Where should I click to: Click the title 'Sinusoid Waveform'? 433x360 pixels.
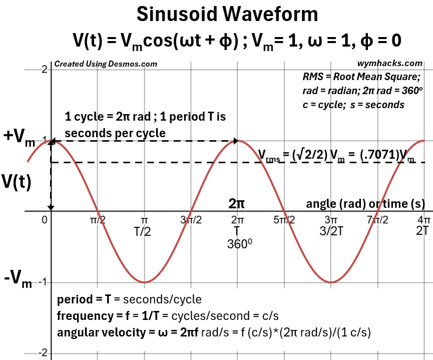(227, 15)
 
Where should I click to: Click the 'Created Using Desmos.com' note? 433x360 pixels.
(105, 64)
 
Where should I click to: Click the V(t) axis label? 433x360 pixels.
(17, 182)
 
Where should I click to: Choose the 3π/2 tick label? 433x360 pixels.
(190, 219)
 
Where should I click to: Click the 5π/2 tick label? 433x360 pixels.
(284, 219)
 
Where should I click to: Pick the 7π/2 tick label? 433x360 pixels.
(377, 219)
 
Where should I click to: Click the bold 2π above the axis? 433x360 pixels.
(237, 204)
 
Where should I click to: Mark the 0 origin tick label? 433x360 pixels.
(45, 219)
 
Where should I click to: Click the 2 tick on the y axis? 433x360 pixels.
(44, 69)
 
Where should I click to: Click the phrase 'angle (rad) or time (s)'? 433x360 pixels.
(365, 204)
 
